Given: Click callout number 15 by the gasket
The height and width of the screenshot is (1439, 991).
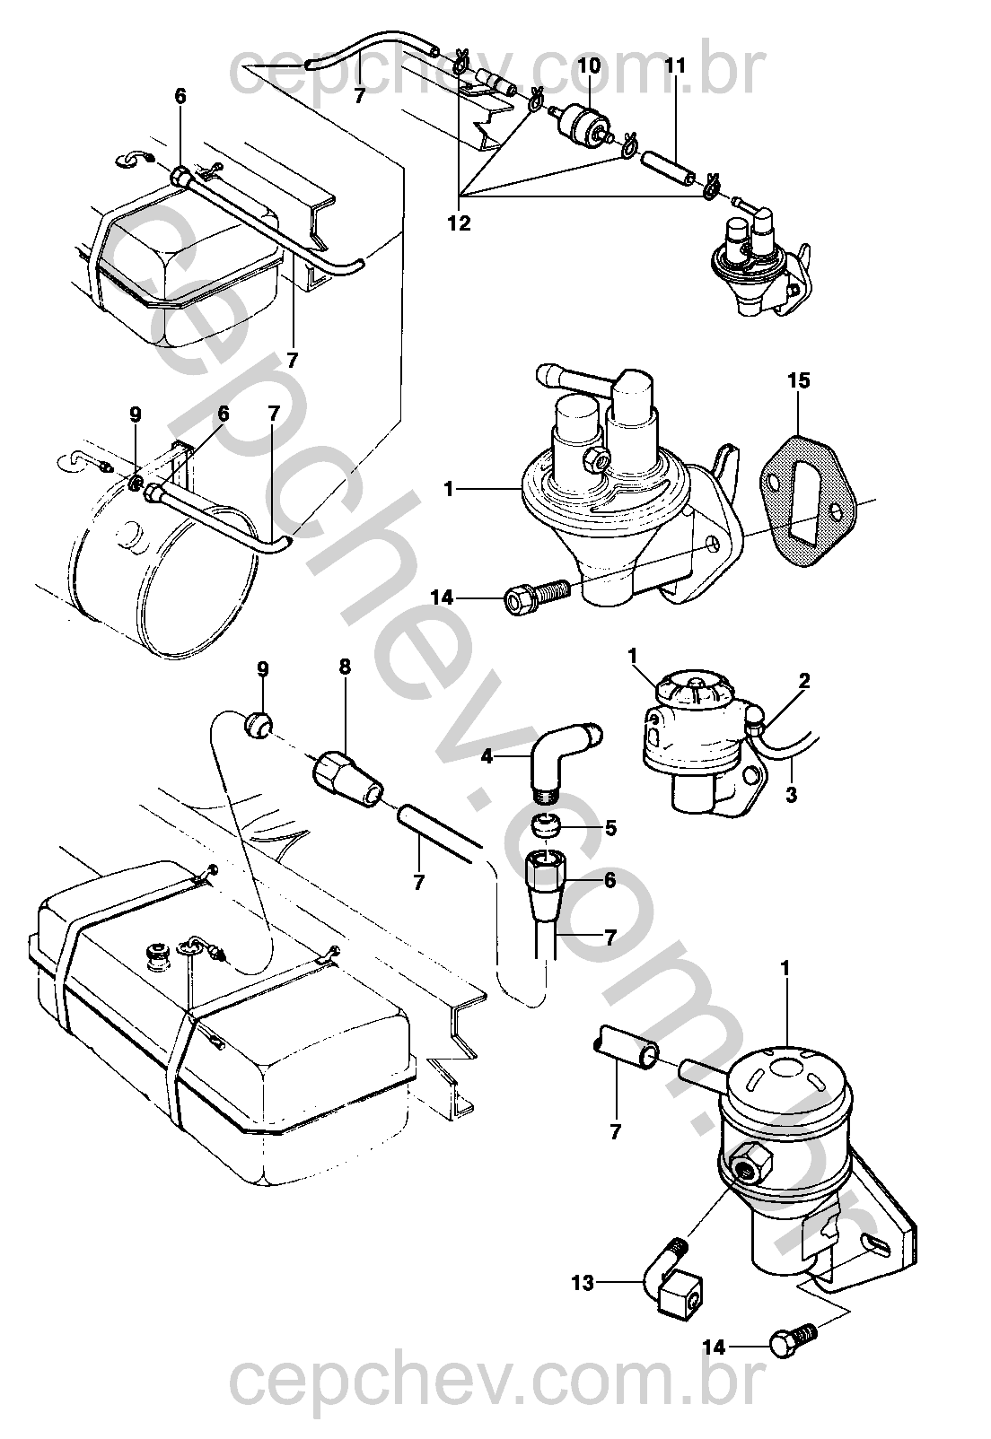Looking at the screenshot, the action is pos(799,380).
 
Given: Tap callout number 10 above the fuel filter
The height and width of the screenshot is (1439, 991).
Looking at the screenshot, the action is pos(589,65).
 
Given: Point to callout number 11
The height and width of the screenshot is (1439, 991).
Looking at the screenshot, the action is pos(675,66).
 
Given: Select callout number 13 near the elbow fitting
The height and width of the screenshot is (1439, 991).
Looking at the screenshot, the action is pos(583,1283).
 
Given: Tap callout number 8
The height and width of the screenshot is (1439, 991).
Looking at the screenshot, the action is pos(345,667).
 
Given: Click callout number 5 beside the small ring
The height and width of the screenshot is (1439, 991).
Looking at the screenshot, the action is pos(610,829).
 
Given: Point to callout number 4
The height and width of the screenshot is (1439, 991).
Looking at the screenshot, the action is pos(487,757).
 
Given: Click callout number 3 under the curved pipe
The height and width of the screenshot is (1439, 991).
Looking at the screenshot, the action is pos(791,795).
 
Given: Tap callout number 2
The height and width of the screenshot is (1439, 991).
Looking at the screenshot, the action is pos(804,680).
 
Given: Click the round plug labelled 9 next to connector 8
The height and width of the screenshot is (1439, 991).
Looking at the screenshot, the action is pos(257,725).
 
